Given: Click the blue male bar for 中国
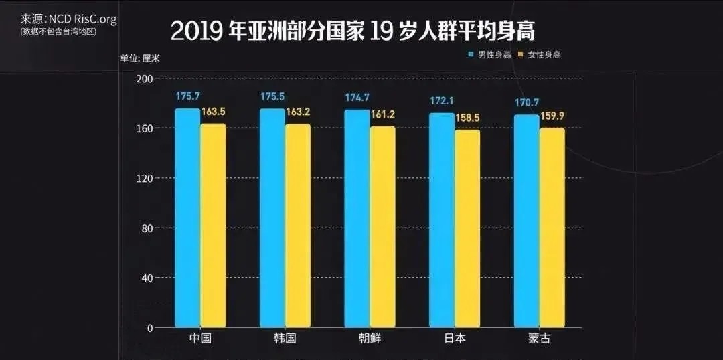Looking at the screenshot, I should pos(187,218).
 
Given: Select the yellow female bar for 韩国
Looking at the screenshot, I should pos(298,226).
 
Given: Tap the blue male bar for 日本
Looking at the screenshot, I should pos(441,220).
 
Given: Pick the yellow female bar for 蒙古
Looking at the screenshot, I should pos(552,228).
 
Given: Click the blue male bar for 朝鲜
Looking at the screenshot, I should pos(357,219).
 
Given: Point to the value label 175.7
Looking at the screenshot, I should pos(188,96).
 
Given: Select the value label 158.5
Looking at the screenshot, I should pos(467,118).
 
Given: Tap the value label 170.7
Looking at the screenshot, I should pos(526,102).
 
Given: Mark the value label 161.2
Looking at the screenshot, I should pos(383,114).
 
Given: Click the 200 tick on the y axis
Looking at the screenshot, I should pos(145,79).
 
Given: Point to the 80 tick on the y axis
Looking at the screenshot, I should pos(147,228).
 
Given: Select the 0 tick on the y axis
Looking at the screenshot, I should pos(150,328).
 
